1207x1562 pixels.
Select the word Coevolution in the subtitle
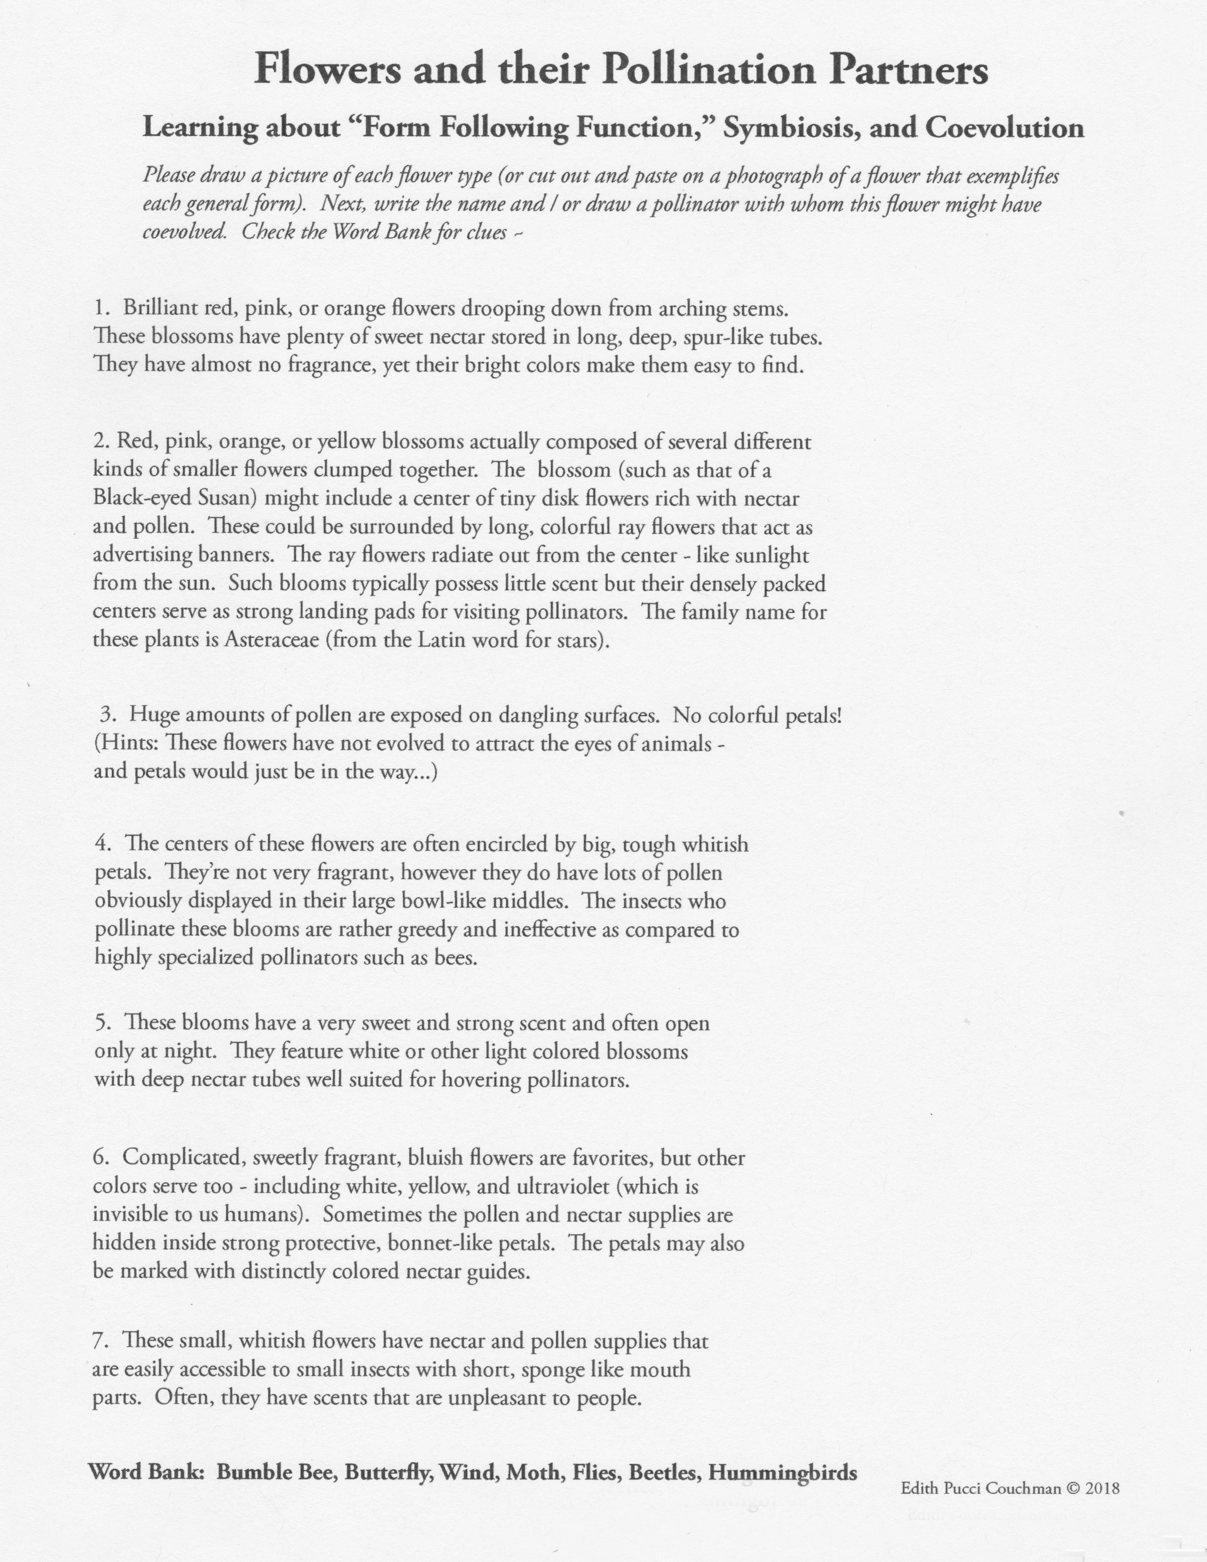pyautogui.click(x=1004, y=128)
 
